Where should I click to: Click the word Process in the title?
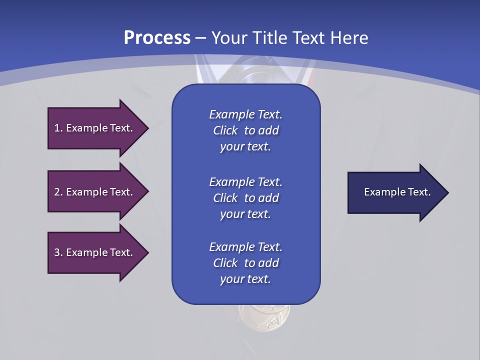pyautogui.click(x=157, y=38)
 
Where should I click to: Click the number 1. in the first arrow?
pyautogui.click(x=58, y=128)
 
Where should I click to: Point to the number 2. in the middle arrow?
pyautogui.click(x=58, y=192)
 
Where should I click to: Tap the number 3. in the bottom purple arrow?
pyautogui.click(x=58, y=252)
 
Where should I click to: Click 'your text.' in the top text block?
pyautogui.click(x=245, y=146)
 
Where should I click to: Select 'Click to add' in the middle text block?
pyautogui.click(x=245, y=198)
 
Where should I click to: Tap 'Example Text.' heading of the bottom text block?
pyautogui.click(x=245, y=247)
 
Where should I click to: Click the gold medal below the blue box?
pyautogui.click(x=264, y=315)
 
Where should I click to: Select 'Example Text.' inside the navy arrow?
pyautogui.click(x=397, y=192)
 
